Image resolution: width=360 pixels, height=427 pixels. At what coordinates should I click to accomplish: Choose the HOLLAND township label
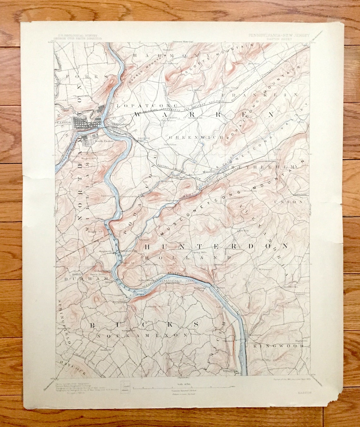coord(187,258)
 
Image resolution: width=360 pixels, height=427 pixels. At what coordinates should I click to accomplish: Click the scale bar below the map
coord(183,387)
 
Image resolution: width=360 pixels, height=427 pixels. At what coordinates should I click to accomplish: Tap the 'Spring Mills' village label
coord(199,253)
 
